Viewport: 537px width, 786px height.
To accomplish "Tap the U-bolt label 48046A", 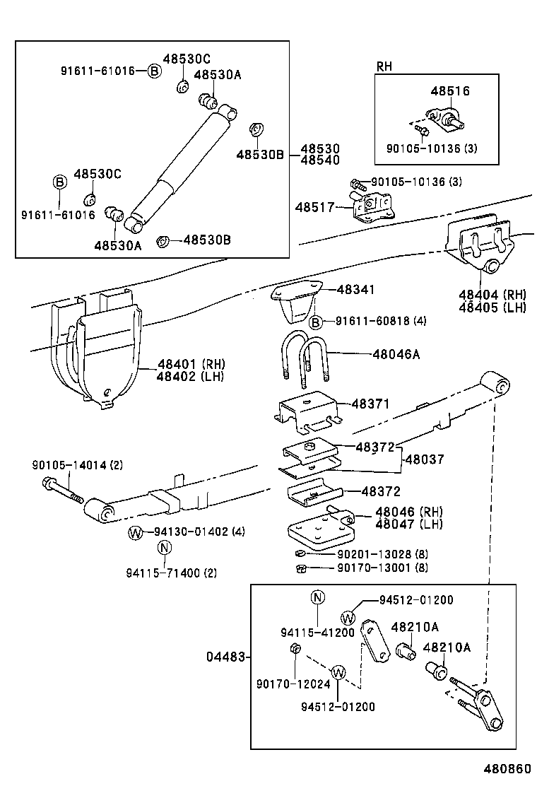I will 396,354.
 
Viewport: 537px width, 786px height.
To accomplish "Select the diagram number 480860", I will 506,769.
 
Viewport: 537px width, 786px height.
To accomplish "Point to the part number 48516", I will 450,91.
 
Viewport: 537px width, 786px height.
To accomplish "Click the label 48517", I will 313,207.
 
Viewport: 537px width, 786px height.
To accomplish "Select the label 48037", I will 424,459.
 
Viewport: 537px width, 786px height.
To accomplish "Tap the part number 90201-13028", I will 372,553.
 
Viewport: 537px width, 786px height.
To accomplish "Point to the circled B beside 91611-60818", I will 317,322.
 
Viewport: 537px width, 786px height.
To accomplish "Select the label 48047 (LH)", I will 409,524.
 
